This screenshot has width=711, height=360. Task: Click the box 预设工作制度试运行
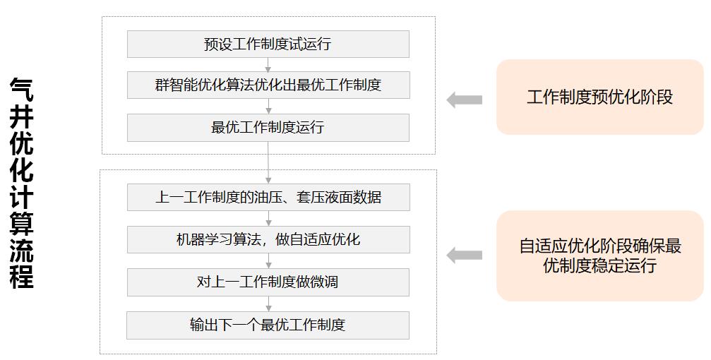[x=268, y=44]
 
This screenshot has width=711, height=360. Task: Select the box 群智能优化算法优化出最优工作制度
[x=268, y=85]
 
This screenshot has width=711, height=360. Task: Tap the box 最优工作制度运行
[x=268, y=128]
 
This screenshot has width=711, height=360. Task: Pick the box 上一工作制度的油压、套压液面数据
[x=268, y=197]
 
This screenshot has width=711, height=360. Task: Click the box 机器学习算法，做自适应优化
[x=268, y=239]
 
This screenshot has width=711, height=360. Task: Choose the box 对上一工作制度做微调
[x=268, y=282]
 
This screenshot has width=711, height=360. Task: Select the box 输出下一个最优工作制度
[x=268, y=325]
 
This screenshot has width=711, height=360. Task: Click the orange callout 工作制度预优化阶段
[x=599, y=97]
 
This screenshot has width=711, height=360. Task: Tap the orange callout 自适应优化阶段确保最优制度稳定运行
[x=599, y=256]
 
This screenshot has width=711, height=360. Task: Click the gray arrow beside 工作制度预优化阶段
[x=464, y=100]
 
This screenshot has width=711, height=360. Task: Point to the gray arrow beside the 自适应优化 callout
[x=464, y=256]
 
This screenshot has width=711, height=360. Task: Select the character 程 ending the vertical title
[x=22, y=276]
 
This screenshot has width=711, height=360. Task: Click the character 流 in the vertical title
[x=22, y=249]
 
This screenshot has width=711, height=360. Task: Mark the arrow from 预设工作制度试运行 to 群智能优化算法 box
[x=268, y=65]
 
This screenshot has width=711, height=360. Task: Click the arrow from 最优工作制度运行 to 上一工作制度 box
[x=268, y=163]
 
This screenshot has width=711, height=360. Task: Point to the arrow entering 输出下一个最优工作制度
[x=268, y=304]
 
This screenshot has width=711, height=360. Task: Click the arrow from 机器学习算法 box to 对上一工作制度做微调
[x=268, y=261]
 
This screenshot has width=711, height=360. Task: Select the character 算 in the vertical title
[x=22, y=223]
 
